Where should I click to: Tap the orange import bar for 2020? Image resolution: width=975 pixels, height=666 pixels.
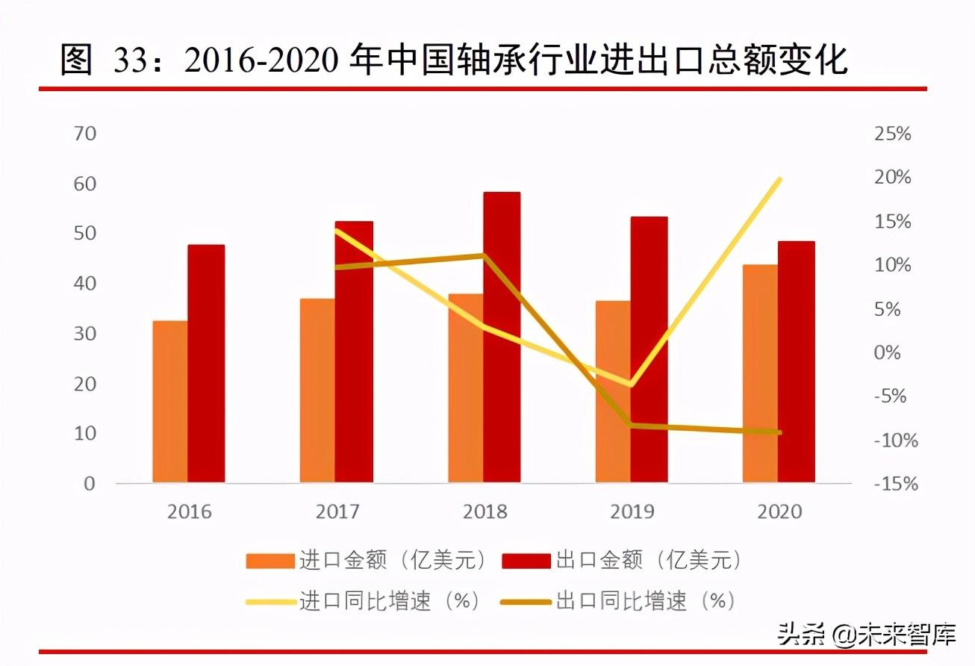760,373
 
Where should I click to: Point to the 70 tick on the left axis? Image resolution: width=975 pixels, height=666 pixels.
85,134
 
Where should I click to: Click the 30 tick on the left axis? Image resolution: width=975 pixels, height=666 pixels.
85,334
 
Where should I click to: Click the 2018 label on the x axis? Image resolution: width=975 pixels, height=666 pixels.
485,512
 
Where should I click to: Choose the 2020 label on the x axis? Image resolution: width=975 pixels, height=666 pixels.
779,512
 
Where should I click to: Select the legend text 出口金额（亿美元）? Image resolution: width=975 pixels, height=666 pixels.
650,561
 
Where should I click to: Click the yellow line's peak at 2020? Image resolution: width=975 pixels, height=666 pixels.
779,179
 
